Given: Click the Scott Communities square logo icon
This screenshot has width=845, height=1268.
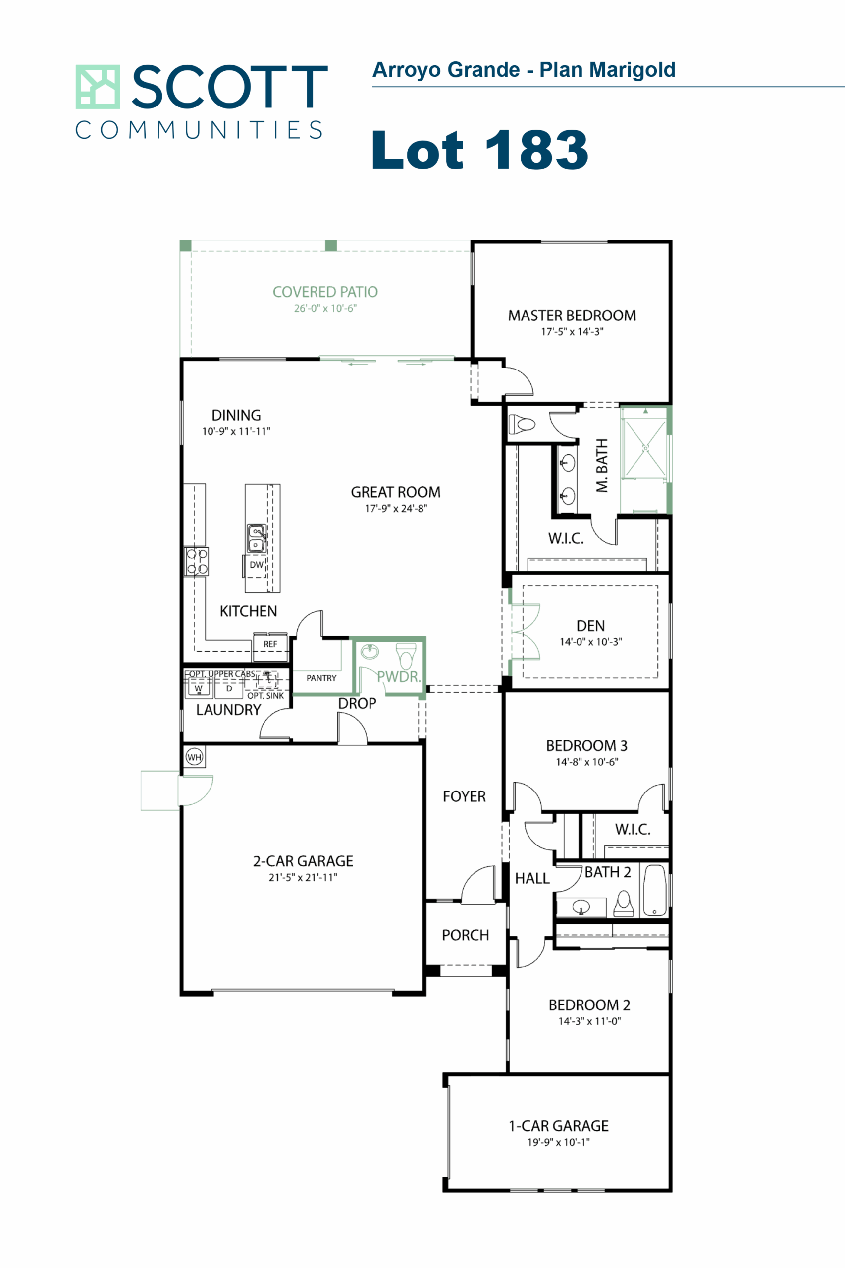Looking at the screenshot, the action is coord(98,87).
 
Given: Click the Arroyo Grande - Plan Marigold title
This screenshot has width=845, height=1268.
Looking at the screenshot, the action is coord(524,70).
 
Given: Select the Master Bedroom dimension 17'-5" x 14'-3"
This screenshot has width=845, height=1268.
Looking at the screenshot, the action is coord(572,332).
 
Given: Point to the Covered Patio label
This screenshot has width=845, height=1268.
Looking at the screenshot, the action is coord(325,292).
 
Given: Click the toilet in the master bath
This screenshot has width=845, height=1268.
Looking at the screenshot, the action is coord(522,424).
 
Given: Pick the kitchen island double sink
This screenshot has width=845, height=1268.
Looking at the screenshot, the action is coord(256,538).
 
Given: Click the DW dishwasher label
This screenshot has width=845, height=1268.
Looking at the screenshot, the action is coord(257,565).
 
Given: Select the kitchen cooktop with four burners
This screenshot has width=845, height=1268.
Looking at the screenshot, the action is coord(196,562).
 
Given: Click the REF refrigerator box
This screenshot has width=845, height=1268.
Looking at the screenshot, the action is coord(270,645).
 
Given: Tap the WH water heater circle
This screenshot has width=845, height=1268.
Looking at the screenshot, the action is coord(194,757).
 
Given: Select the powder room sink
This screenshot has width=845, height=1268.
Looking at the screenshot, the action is coord(370,651).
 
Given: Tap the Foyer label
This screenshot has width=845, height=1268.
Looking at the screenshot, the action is coord(464,796).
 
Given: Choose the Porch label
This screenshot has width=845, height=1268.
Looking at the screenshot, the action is coord(466,935).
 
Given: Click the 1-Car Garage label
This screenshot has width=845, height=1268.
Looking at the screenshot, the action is coord(558,1126).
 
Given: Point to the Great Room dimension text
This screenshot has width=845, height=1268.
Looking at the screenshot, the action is coord(396,509).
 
